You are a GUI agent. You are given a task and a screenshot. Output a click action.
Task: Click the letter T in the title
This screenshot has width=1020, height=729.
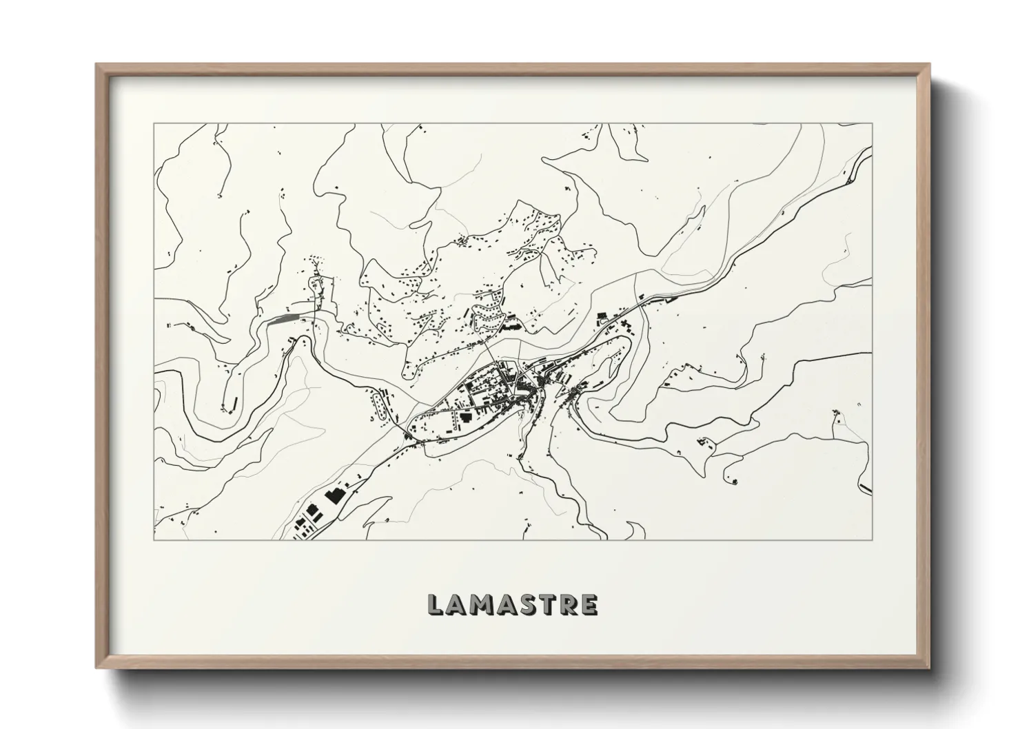coord(547,604)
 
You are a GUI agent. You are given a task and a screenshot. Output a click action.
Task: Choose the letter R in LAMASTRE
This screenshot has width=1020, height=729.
coord(567,604)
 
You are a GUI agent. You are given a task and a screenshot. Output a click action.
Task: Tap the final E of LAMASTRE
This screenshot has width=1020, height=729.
coord(589,604)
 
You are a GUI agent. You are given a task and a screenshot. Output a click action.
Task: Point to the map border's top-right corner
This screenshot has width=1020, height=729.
coord(872,124)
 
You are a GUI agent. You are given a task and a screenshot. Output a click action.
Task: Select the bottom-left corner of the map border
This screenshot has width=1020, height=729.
coord(153,540)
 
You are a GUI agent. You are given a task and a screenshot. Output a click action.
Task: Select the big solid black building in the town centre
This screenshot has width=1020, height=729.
coord(466,418)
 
